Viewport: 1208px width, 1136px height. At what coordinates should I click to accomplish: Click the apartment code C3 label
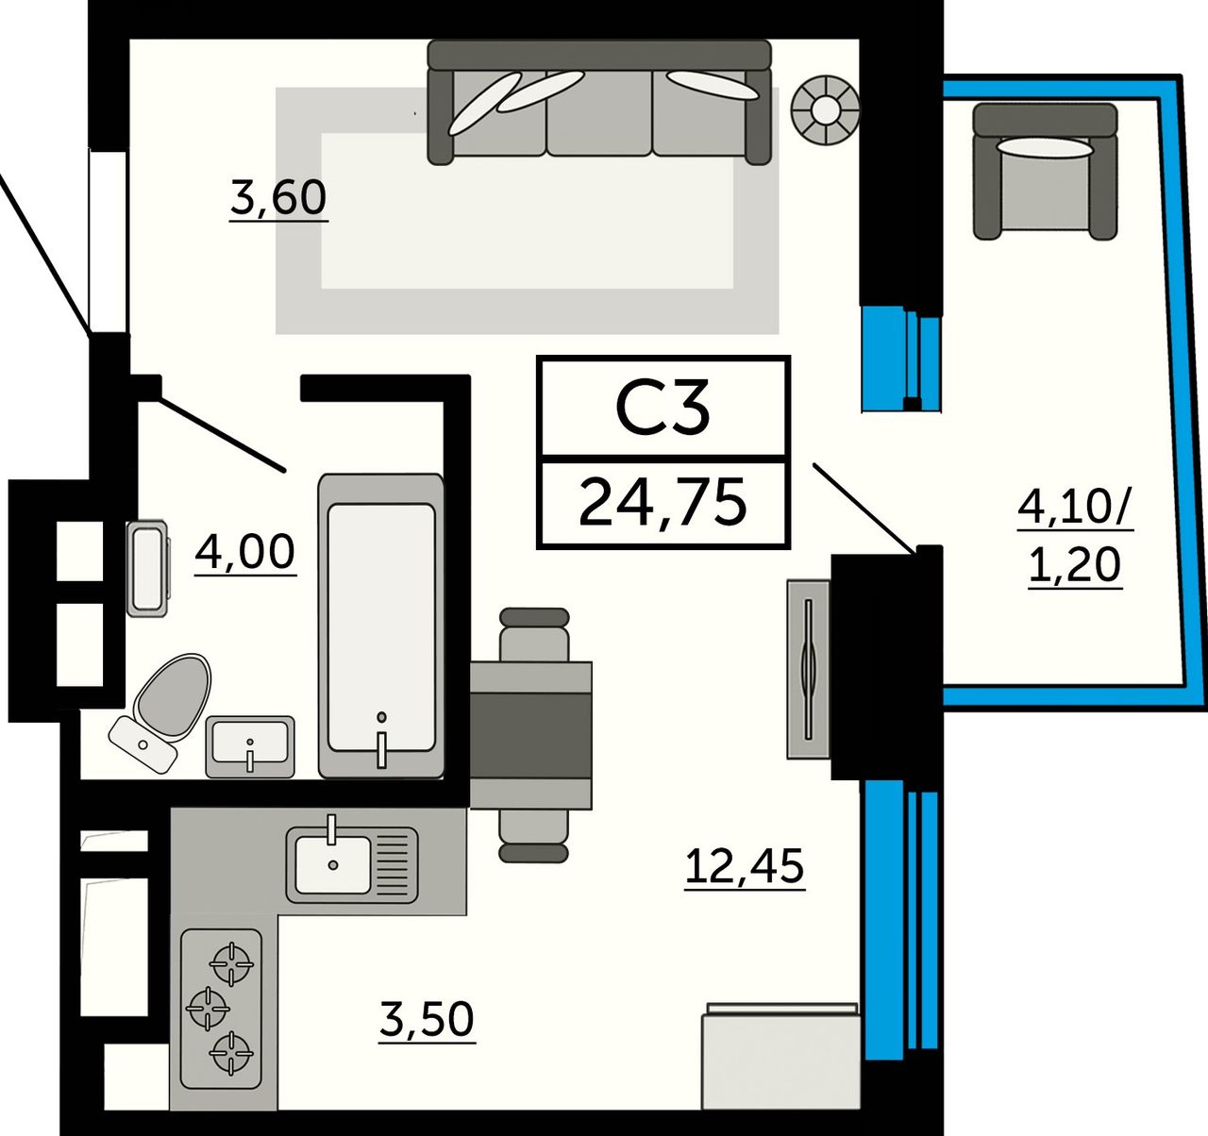[x=663, y=407]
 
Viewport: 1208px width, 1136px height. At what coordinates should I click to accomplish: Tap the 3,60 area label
[x=278, y=197]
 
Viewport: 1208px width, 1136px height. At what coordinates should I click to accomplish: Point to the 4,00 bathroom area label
[x=245, y=552]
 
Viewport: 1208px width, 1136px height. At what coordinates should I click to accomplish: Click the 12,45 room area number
[x=745, y=866]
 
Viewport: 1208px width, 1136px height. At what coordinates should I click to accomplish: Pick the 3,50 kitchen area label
[x=427, y=1020]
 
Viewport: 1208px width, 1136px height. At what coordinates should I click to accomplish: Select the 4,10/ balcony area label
[x=1075, y=508]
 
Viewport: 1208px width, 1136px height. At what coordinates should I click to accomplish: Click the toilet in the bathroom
[x=161, y=712]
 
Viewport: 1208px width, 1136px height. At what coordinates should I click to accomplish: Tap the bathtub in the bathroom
[x=381, y=626]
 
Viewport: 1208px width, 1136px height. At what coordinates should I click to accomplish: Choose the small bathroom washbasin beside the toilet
[x=250, y=746]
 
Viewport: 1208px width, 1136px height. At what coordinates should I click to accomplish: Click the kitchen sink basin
[x=333, y=865]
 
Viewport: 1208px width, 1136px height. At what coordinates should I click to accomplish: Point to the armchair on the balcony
[x=1045, y=172]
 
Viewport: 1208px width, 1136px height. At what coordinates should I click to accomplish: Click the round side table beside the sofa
[x=826, y=109]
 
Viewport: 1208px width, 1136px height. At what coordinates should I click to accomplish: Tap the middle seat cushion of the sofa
[x=599, y=113]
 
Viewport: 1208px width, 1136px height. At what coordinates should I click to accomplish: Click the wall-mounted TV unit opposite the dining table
[x=809, y=669]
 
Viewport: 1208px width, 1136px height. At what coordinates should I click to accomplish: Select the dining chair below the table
[x=533, y=836]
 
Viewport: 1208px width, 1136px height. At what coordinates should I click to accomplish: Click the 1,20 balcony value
[x=1075, y=564]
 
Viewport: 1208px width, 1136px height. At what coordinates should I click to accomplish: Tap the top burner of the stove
[x=231, y=964]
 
